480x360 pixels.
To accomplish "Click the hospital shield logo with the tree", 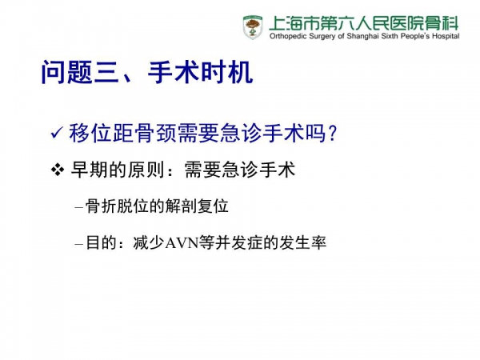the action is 253,27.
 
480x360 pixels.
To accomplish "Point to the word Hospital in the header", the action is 446,37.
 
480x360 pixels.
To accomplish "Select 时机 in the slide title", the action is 226,72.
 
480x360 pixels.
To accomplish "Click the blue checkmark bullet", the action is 58,133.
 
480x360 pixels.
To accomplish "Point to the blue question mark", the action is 331,134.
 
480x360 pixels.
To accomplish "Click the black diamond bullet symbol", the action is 58,170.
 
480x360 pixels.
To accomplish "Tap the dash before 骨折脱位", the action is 79,207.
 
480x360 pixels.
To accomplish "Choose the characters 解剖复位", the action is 197,206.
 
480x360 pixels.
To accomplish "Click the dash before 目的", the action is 79,244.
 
